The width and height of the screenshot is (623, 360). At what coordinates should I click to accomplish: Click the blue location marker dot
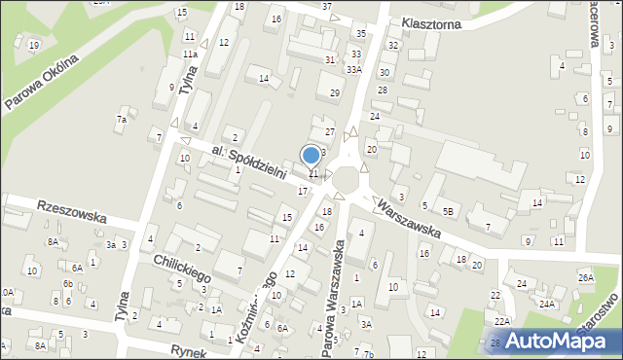311,155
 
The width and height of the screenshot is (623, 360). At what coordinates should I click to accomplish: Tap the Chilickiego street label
182,270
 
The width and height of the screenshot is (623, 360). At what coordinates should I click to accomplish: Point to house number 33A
354,69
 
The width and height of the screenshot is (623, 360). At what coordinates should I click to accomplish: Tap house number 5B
448,210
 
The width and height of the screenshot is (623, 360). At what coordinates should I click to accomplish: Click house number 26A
585,277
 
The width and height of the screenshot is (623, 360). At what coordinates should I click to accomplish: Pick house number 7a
122,120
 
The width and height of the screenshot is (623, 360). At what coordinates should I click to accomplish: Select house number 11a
190,54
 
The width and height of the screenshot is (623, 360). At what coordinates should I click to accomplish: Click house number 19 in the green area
34,45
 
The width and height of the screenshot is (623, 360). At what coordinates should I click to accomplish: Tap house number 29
335,92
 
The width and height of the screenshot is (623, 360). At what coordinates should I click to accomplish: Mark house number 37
327,6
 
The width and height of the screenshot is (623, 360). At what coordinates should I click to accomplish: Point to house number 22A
501,321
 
